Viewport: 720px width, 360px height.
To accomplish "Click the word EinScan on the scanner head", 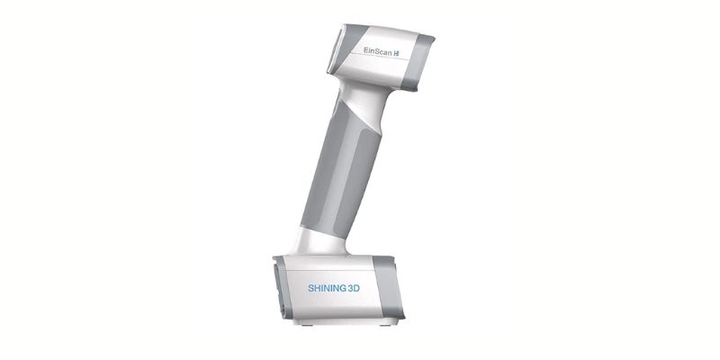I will point(377,54).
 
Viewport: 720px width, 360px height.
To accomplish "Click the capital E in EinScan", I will point(364,54).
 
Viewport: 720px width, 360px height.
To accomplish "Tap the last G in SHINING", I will point(341,287).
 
